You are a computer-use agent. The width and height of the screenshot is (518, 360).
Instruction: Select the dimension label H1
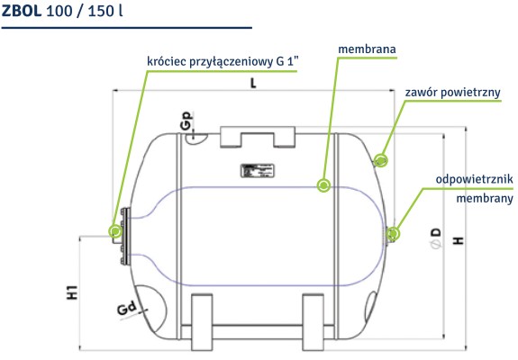point(72,292)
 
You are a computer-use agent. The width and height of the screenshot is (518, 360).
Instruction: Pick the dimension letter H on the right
point(459,240)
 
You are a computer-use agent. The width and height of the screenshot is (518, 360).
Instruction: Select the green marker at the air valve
point(381,159)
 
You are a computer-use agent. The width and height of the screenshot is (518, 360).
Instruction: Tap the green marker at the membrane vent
point(393,235)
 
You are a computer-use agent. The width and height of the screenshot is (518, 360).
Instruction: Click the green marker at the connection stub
point(114,230)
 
